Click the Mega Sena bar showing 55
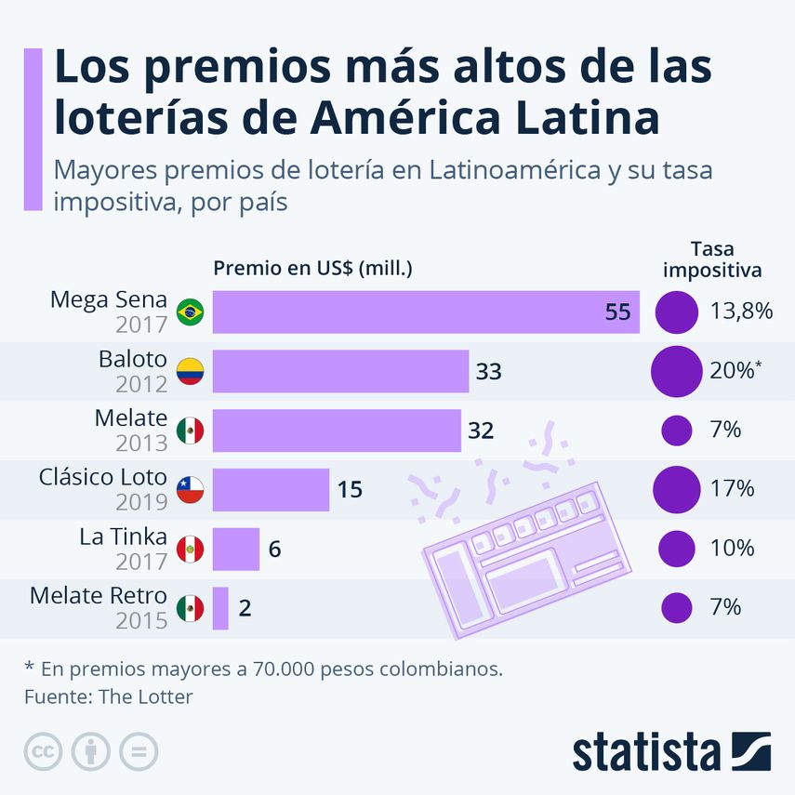coord(426,312)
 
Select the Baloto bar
coord(340,372)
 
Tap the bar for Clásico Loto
coord(271,489)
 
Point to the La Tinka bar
coord(236,549)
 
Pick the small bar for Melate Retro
coord(220,608)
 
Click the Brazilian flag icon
coord(190,312)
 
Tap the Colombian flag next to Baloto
coord(190,372)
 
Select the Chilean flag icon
coord(190,489)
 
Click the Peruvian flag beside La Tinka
coord(190,549)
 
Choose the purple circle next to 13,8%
coord(676,312)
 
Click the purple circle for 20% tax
coord(676,372)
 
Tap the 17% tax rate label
coord(732,489)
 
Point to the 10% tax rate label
coord(732,549)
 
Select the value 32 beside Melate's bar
coord(481,431)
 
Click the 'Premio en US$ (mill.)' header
coord(312,269)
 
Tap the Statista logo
coord(670,751)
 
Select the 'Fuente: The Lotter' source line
coord(108,696)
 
